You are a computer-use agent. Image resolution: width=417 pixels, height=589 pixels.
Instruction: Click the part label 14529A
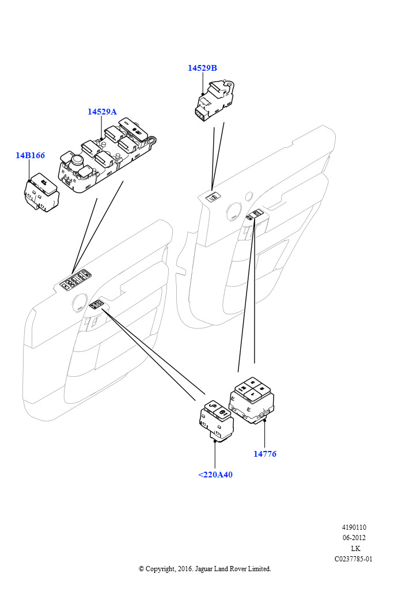102,112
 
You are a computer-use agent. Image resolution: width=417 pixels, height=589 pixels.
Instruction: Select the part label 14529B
202,68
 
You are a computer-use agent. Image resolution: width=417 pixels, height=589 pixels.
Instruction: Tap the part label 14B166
30,155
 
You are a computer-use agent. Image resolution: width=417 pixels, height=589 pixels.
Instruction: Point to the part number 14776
265,454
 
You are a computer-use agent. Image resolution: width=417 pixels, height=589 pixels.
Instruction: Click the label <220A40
215,475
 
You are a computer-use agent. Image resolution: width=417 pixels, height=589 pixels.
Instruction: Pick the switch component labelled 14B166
42,192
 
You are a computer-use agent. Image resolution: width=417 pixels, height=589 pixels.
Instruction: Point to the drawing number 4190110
354,527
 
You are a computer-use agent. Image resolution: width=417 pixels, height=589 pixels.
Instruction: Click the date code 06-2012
354,538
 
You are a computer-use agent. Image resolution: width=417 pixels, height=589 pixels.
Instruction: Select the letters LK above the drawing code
355,548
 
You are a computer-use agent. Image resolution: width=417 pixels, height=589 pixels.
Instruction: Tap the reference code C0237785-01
354,559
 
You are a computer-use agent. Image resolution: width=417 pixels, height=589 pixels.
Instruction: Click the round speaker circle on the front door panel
76,300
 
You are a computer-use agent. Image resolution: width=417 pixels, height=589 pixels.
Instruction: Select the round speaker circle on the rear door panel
234,211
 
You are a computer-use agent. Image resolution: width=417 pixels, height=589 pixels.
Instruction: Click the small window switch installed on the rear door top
213,198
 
